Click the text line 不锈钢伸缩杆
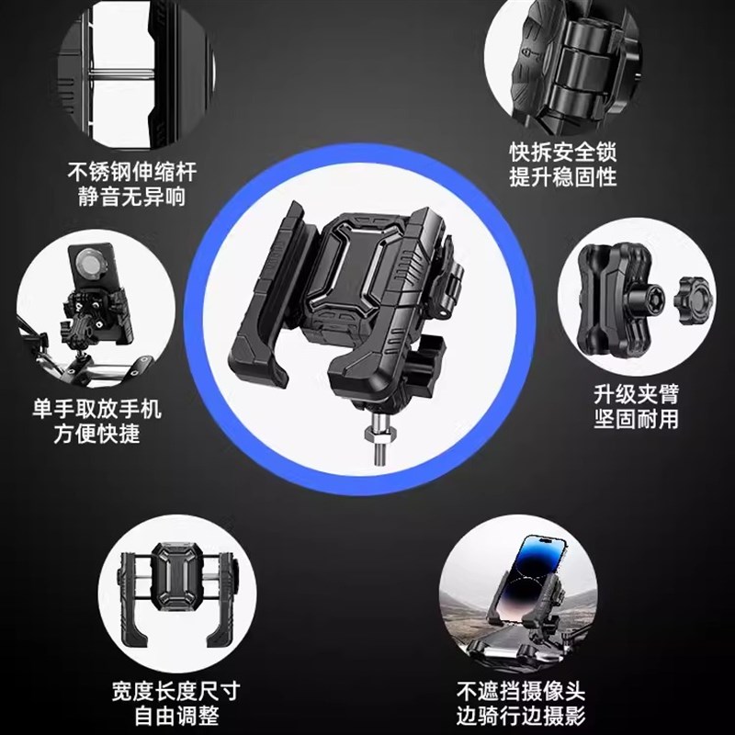(132, 172)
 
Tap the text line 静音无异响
(132, 197)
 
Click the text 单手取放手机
(96, 408)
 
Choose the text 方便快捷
(96, 433)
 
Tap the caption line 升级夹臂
(636, 394)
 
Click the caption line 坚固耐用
(636, 419)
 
